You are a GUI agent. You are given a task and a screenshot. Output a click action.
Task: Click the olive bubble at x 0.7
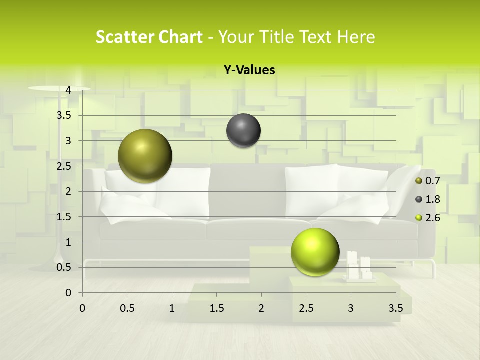point(145,156)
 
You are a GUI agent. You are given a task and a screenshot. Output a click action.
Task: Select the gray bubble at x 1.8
point(243,130)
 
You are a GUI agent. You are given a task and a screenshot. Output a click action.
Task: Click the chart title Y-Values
point(249,70)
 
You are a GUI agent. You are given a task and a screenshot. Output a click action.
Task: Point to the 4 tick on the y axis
point(68,90)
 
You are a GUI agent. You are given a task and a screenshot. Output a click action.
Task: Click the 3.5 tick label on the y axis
point(65,115)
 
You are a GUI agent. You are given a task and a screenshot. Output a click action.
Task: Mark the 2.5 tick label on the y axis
point(65,166)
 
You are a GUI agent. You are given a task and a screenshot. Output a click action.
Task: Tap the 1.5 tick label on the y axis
point(65,216)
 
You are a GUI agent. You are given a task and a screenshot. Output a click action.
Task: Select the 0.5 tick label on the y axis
point(65,267)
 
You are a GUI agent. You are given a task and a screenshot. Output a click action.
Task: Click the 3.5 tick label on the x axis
point(395,308)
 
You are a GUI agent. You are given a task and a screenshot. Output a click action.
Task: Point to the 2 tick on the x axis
point(261,308)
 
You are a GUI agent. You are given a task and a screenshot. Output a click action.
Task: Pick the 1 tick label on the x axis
point(172,308)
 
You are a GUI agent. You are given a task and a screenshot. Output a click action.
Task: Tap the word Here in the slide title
point(356,37)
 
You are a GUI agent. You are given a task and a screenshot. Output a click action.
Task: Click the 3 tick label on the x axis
point(351,308)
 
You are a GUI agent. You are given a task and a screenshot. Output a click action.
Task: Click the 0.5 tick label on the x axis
point(127,308)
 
